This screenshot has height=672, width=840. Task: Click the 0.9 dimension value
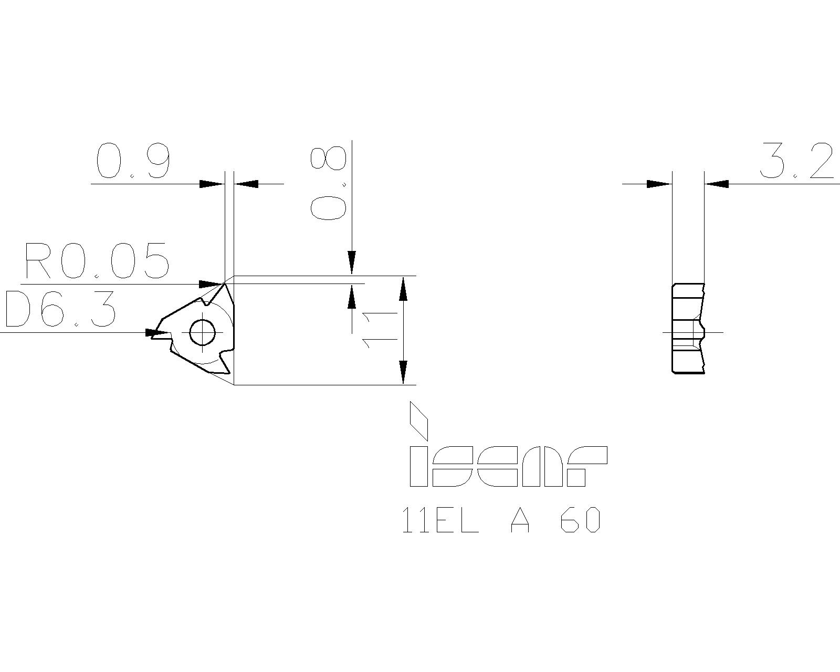pos(134,161)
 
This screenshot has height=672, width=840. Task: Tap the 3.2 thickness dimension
pos(796,161)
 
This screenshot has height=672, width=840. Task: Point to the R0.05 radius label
pos(97,261)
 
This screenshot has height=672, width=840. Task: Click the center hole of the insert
pos(202,332)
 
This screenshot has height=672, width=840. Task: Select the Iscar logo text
pos(508,466)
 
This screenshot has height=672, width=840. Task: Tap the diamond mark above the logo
pos(419,421)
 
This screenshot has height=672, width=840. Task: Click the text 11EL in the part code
pos(440,521)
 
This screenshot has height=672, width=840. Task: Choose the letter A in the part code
pos(520,521)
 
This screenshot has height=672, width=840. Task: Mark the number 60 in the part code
pos(580,521)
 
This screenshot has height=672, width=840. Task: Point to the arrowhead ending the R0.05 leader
pos(212,285)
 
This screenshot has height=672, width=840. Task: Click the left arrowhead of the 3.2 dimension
pos(659,184)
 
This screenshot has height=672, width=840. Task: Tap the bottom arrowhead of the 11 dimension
pos(403,372)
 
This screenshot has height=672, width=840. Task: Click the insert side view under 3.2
pos(688,328)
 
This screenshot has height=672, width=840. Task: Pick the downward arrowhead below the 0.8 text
pos(352,262)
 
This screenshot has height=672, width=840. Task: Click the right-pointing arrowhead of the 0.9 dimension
pos(212,184)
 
